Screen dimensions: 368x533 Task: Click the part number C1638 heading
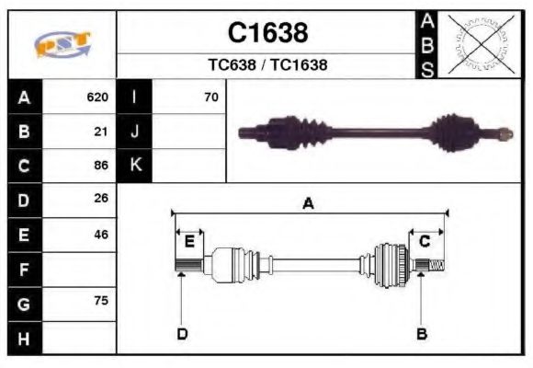coord(267,33)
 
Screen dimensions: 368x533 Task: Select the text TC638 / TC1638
coord(267,65)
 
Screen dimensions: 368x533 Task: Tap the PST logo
coord(62,45)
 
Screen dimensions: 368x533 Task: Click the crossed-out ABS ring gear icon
coord(478,43)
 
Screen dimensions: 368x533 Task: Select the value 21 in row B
coord(101,131)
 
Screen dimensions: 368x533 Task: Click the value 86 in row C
coord(101,166)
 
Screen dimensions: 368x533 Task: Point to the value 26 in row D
coord(101,199)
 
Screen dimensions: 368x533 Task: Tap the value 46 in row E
coord(101,235)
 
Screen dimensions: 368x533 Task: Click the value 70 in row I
coord(211,97)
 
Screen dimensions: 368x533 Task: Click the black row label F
coord(24,270)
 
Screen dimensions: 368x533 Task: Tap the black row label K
coord(135,166)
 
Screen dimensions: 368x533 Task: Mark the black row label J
coord(135,131)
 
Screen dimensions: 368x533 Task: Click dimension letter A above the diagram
coord(308,204)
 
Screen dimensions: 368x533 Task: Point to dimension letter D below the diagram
coord(182,333)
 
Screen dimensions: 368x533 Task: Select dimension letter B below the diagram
coord(422,333)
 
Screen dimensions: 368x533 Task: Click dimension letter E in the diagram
coord(188,242)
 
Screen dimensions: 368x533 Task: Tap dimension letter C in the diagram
coord(425,242)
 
